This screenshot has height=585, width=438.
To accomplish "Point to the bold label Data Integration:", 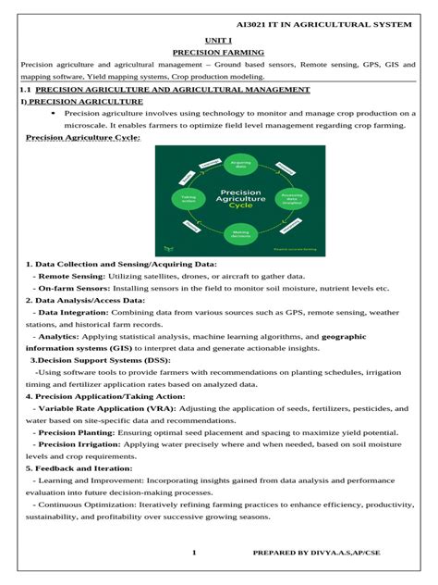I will (x=72, y=312).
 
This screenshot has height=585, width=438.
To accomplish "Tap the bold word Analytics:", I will (x=57, y=336).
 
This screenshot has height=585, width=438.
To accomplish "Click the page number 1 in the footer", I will (x=195, y=553).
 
